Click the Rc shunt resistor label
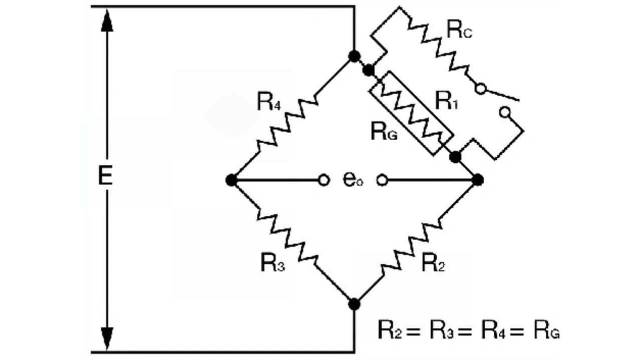[459, 31]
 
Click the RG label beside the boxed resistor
[384, 132]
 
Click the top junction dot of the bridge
[354, 56]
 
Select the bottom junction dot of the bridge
[354, 303]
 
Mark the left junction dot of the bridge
[231, 180]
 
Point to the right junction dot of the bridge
[478, 180]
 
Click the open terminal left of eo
[324, 180]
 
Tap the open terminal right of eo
[382, 180]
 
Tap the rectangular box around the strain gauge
[411, 113]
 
